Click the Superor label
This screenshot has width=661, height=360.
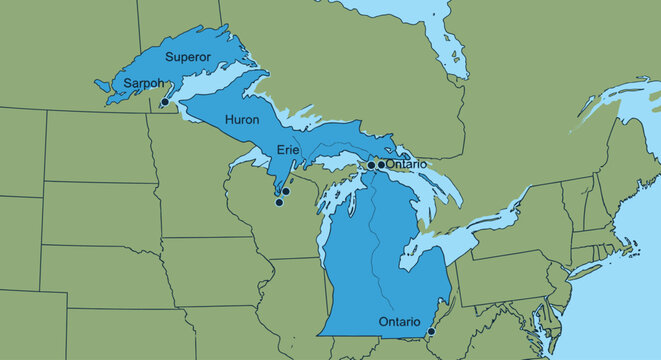pyautogui.click(x=188, y=56)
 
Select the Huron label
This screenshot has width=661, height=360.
pyautogui.click(x=241, y=119)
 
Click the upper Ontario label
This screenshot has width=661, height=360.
pyautogui.click(x=406, y=163)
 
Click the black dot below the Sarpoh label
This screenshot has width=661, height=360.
pyautogui.click(x=164, y=101)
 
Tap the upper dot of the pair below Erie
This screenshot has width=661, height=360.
pyautogui.click(x=286, y=191)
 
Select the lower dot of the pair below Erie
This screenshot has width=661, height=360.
pyautogui.click(x=279, y=202)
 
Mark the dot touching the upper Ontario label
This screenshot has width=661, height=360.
pyautogui.click(x=381, y=164)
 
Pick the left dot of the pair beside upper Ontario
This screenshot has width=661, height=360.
pyautogui.click(x=371, y=165)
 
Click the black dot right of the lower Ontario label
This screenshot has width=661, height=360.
pyautogui.click(x=431, y=331)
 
